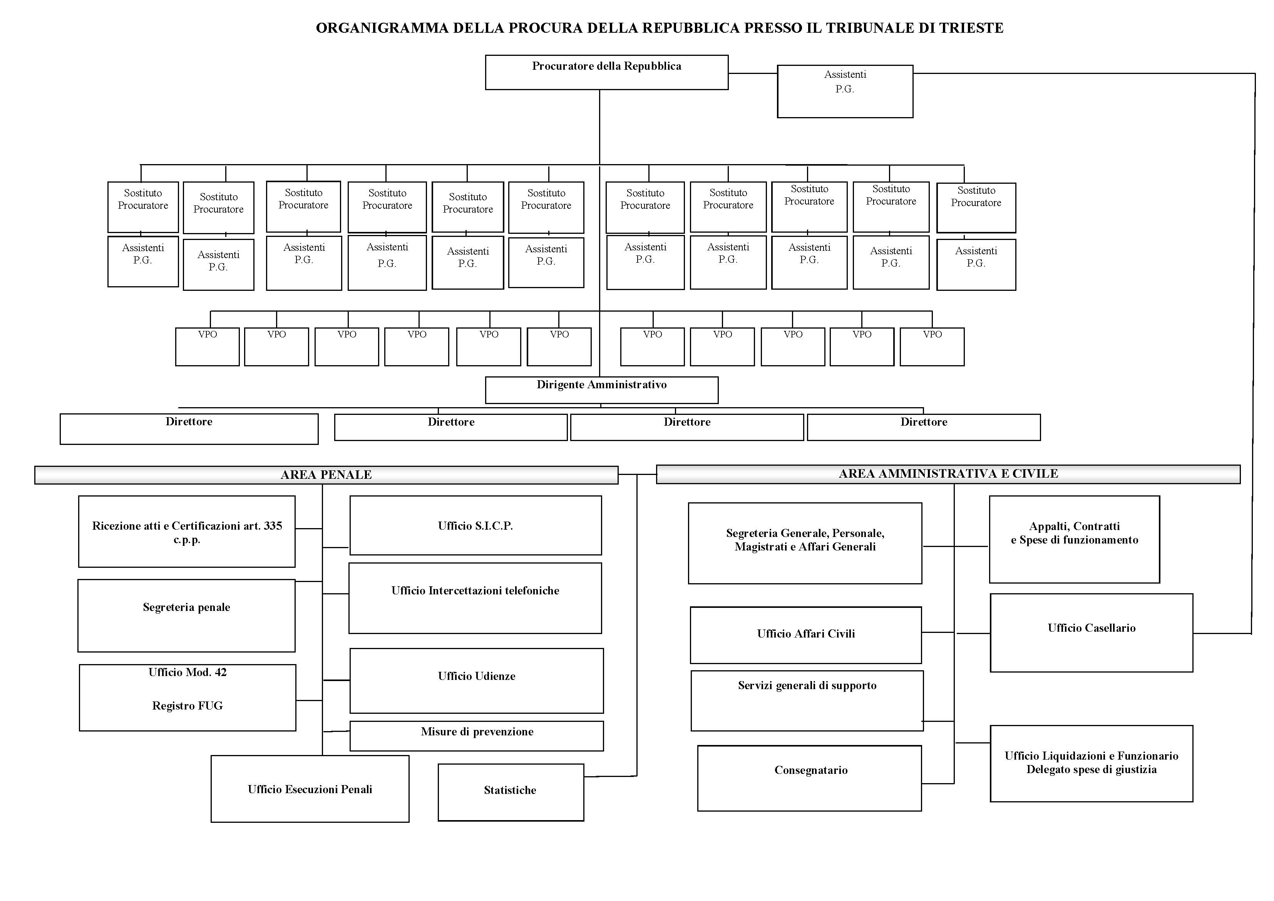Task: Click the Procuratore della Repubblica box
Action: (606, 72)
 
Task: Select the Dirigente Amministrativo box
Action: (601, 390)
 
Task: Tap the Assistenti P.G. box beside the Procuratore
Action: (845, 91)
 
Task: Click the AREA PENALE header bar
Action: (326, 475)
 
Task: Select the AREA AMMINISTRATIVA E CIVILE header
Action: (948, 473)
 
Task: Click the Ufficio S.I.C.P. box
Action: (475, 525)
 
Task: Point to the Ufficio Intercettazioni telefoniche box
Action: (475, 598)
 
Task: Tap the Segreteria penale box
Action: (186, 615)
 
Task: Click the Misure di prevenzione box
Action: (476, 736)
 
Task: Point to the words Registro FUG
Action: (188, 706)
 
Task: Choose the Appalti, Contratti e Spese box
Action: (1074, 539)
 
